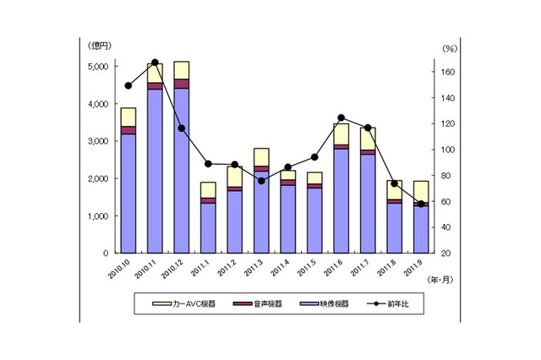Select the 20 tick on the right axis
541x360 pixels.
coord(445,254)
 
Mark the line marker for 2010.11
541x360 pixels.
coord(155,63)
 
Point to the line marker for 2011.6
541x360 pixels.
coord(341,118)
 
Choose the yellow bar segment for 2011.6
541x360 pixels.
coord(341,134)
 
